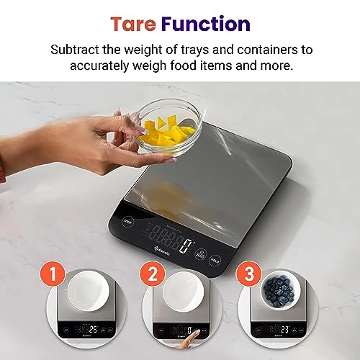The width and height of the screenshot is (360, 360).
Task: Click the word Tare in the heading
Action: (x=134, y=24)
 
